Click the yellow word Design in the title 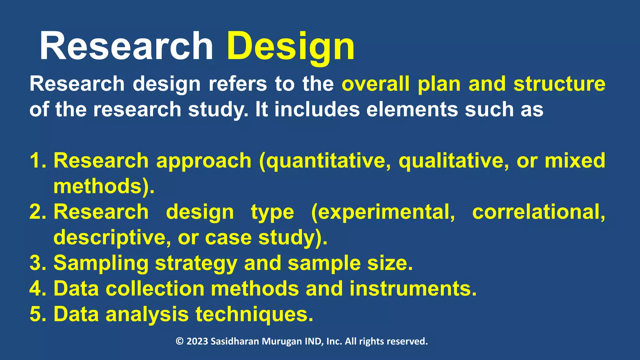291,47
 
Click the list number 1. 37,161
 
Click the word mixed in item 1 575,161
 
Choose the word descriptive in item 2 112,237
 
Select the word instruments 412,288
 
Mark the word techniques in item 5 254,314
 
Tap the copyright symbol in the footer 179,341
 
